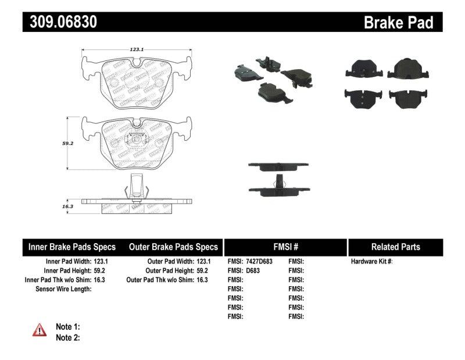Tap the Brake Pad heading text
398,23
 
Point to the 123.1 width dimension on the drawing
137,50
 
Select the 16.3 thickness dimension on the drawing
67,206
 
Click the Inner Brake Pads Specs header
72,247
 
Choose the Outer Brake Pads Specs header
173,247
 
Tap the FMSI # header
285,247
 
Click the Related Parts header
395,247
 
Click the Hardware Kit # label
372,262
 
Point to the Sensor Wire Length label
63,288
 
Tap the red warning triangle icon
40,330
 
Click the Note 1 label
67,327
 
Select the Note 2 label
67,337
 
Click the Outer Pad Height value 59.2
201,270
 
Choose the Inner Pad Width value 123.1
101,262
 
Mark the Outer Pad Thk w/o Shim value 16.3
201,280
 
